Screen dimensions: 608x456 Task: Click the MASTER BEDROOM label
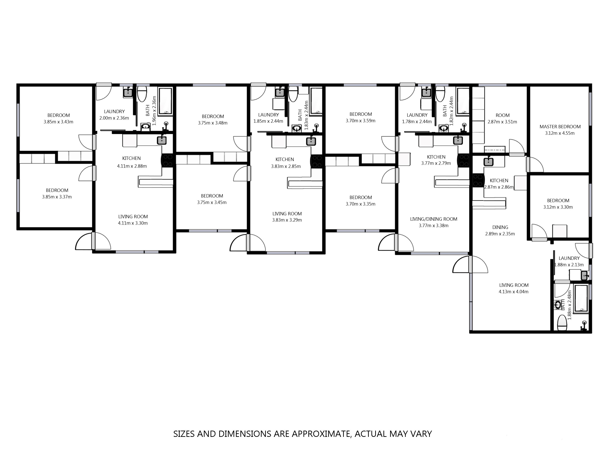pyautogui.click(x=560, y=127)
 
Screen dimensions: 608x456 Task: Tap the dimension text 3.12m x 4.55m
pyautogui.click(x=560, y=133)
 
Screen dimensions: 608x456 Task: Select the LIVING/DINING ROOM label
pyautogui.click(x=434, y=219)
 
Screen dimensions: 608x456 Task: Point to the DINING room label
pyautogui.click(x=500, y=227)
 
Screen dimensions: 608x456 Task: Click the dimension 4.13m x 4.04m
pyautogui.click(x=514, y=292)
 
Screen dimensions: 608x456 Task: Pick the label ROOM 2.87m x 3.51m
pyautogui.click(x=502, y=118)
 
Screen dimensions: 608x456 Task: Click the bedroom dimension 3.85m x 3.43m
pyautogui.click(x=58, y=122)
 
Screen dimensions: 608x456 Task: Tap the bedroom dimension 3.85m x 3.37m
pyautogui.click(x=57, y=197)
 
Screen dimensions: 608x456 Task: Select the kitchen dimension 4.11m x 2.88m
pyautogui.click(x=132, y=166)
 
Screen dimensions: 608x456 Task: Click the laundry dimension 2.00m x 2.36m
pyautogui.click(x=114, y=118)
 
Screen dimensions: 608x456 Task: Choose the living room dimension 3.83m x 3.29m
pyautogui.click(x=287, y=220)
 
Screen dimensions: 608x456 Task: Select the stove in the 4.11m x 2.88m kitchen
pyautogui.click(x=167, y=161)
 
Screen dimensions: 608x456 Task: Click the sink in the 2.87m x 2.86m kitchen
pyautogui.click(x=488, y=162)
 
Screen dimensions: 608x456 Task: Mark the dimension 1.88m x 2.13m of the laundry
pyautogui.click(x=569, y=265)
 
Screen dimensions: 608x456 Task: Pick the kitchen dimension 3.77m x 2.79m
pyautogui.click(x=436, y=163)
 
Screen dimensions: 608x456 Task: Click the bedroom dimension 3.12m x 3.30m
pyautogui.click(x=558, y=207)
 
